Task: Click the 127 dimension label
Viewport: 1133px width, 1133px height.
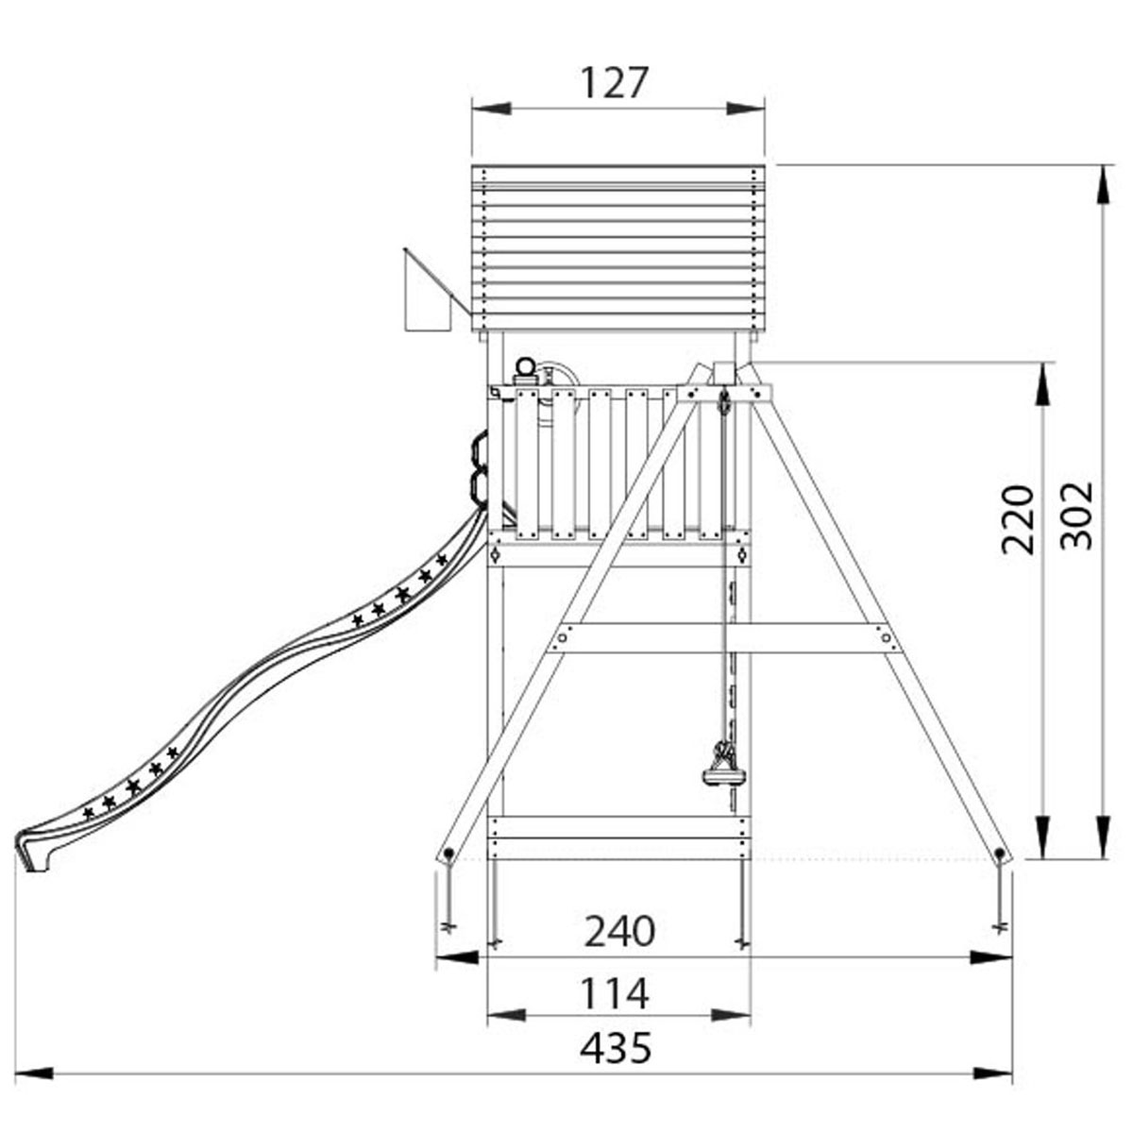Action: click(615, 82)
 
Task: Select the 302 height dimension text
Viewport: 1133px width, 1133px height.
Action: click(1076, 516)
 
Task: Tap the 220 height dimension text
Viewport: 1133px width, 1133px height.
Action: click(1017, 519)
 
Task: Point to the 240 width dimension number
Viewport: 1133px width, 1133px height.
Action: click(619, 931)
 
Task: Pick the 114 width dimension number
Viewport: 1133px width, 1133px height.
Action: click(615, 993)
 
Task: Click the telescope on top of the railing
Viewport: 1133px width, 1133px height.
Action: click(525, 372)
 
